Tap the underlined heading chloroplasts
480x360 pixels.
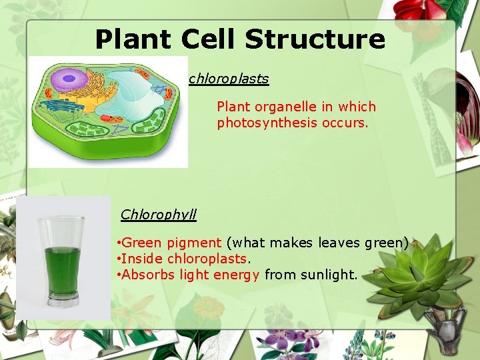pyautogui.click(x=229, y=79)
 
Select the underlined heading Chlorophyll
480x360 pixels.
pyautogui.click(x=158, y=215)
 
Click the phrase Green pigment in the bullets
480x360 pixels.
pyautogui.click(x=171, y=243)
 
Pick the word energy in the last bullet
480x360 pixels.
pyautogui.click(x=241, y=275)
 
